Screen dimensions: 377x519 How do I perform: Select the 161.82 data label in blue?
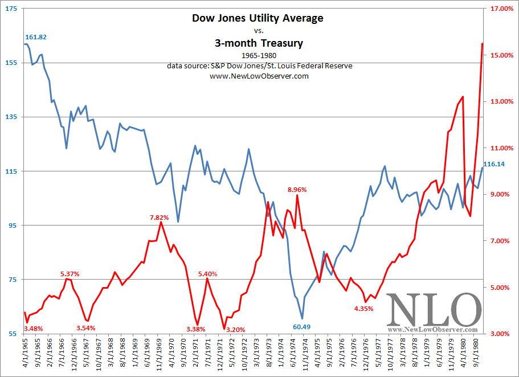(x=36, y=37)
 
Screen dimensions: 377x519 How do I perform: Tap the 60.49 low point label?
(x=302, y=326)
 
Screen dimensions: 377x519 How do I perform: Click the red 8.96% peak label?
(x=297, y=190)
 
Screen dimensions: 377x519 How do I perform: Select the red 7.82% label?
(x=160, y=217)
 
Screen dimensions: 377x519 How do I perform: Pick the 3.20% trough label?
(x=235, y=329)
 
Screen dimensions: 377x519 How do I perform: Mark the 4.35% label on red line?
(x=363, y=309)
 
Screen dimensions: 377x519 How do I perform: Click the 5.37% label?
(x=70, y=274)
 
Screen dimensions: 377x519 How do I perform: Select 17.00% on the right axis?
(x=500, y=9)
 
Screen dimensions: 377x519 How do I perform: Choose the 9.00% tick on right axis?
(x=500, y=195)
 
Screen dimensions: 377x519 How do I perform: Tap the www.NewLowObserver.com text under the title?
(x=259, y=76)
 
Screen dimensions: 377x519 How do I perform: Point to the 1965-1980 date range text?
(x=259, y=56)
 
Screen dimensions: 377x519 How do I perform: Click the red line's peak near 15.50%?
(x=483, y=43)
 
